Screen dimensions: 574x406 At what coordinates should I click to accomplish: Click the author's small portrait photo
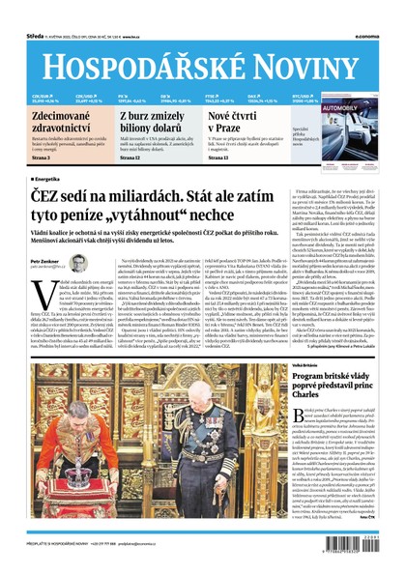click(x=79, y=263)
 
